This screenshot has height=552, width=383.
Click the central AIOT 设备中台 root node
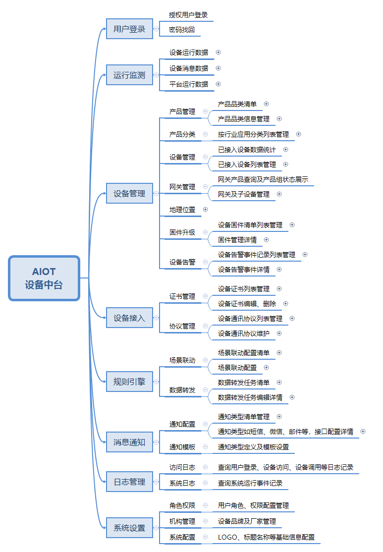[x=44, y=278]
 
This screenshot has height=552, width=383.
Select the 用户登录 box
[x=129, y=29]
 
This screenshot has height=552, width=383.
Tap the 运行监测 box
[x=129, y=75]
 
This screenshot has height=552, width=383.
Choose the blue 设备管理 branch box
[x=129, y=194]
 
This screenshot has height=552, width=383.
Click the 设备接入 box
[x=129, y=318]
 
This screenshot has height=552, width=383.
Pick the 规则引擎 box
[x=129, y=382]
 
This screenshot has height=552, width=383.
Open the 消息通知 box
[x=129, y=442]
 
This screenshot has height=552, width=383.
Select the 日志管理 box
[x=129, y=482]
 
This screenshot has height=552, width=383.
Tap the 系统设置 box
[x=129, y=528]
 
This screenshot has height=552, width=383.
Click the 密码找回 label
[x=182, y=30]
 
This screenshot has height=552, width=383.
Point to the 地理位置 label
[x=182, y=210]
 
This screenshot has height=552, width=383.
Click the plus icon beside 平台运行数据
[x=218, y=84]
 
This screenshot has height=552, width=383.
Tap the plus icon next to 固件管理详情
[x=266, y=240]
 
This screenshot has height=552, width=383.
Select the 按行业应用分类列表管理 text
[x=253, y=134]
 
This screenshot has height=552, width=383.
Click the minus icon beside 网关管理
[x=205, y=187]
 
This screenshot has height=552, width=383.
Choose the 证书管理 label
[x=182, y=296]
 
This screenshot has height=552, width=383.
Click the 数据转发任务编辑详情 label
[x=250, y=397]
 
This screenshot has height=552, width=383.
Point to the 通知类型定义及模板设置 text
[x=253, y=447]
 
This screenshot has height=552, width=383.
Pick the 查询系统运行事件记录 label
[x=250, y=483]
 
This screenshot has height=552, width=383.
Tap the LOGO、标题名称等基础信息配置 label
[x=266, y=537]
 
